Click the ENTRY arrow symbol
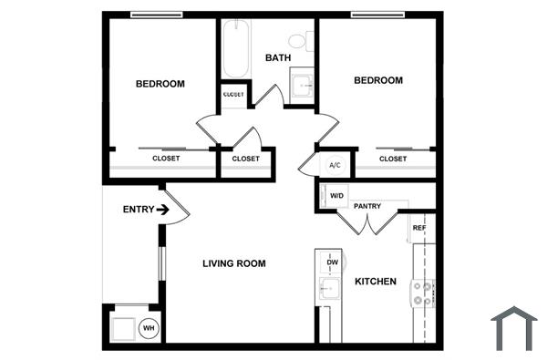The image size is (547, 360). coord(163,210)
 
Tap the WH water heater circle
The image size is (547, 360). coord(148,327)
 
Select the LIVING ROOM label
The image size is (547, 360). coord(233,264)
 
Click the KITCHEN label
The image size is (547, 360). coord(376,282)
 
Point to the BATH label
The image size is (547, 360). coord(277,58)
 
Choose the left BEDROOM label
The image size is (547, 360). coord(160,84)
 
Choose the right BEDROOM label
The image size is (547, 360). coord(377,80)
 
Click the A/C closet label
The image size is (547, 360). coord(335,165)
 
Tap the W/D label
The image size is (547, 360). coord(336,196)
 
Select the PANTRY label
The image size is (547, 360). coord(367,207)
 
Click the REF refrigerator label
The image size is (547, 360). coord(418,227)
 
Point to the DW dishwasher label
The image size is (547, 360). coord(332,262)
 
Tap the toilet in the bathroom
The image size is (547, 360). coord(300,40)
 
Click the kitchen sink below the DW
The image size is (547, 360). coord(327,290)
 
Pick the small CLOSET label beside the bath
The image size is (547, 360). coord(233,95)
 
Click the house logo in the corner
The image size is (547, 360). coord(513,328)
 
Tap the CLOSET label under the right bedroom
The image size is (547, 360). coord(393,159)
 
